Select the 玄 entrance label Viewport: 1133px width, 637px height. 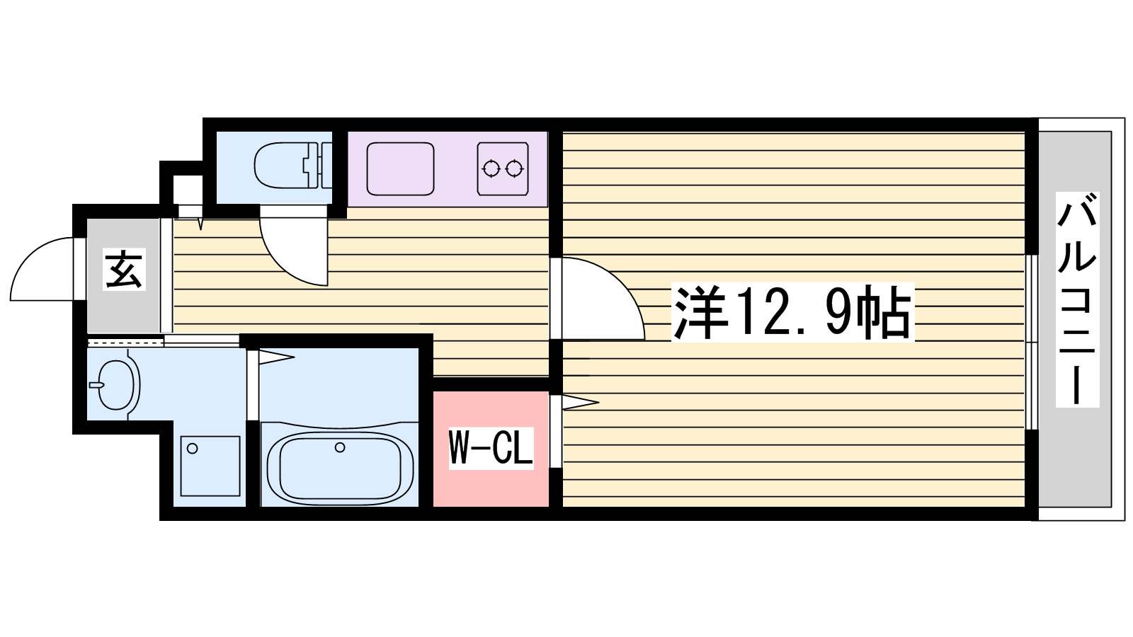click(x=125, y=270)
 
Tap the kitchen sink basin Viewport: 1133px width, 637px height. click(x=400, y=168)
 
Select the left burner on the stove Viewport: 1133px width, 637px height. click(x=490, y=168)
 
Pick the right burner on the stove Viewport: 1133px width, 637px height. click(x=515, y=168)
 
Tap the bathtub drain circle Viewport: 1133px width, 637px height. click(x=340, y=447)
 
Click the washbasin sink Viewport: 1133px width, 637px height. click(x=118, y=385)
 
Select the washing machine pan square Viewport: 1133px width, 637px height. click(x=210, y=466)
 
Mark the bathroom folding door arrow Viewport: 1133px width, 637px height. click(x=276, y=357)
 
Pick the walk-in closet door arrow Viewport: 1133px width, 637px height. click(x=577, y=403)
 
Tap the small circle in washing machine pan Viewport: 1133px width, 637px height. click(x=191, y=447)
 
